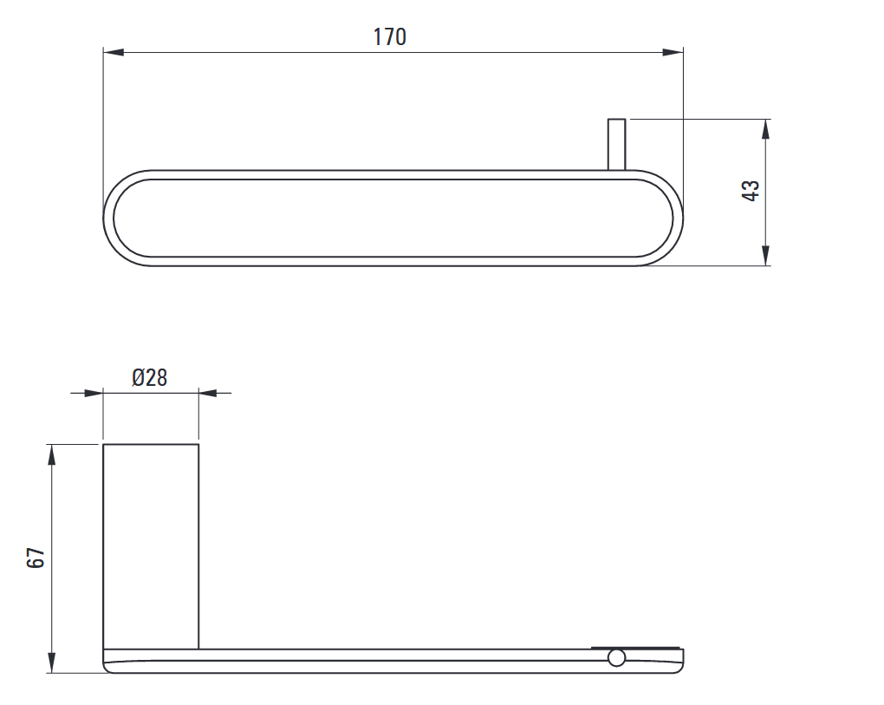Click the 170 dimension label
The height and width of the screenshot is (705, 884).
[390, 37]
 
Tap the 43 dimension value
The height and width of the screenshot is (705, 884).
[751, 191]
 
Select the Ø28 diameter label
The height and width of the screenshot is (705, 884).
[150, 377]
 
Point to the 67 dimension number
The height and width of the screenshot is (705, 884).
[36, 558]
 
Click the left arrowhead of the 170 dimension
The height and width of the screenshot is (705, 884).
[114, 52]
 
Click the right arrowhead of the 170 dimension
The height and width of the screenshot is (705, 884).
[673, 52]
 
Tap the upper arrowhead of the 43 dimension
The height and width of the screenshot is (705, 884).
[765, 129]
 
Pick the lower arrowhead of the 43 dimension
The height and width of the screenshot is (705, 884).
[765, 255]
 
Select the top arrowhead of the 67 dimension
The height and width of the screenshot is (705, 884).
[52, 454]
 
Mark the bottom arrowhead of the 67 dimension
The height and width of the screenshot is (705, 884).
[52, 663]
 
